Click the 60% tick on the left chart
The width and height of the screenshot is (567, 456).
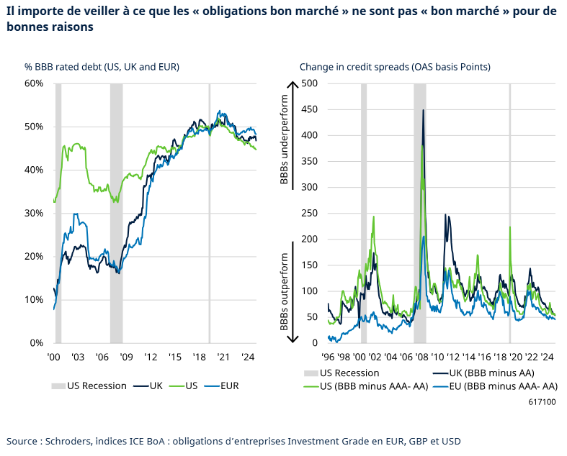point(34,83)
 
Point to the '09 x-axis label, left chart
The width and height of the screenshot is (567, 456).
point(126,357)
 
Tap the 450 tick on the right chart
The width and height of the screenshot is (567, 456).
point(308,109)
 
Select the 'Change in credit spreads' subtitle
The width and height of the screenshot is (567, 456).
point(395,67)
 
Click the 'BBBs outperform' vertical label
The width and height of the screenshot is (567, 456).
point(284,292)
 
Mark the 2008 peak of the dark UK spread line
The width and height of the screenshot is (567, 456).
point(423,110)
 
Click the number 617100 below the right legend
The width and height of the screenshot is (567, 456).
point(542,403)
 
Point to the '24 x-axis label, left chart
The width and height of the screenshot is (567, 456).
point(248,357)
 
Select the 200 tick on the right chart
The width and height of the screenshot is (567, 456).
point(308,240)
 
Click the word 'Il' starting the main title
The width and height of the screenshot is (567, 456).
point(10,11)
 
